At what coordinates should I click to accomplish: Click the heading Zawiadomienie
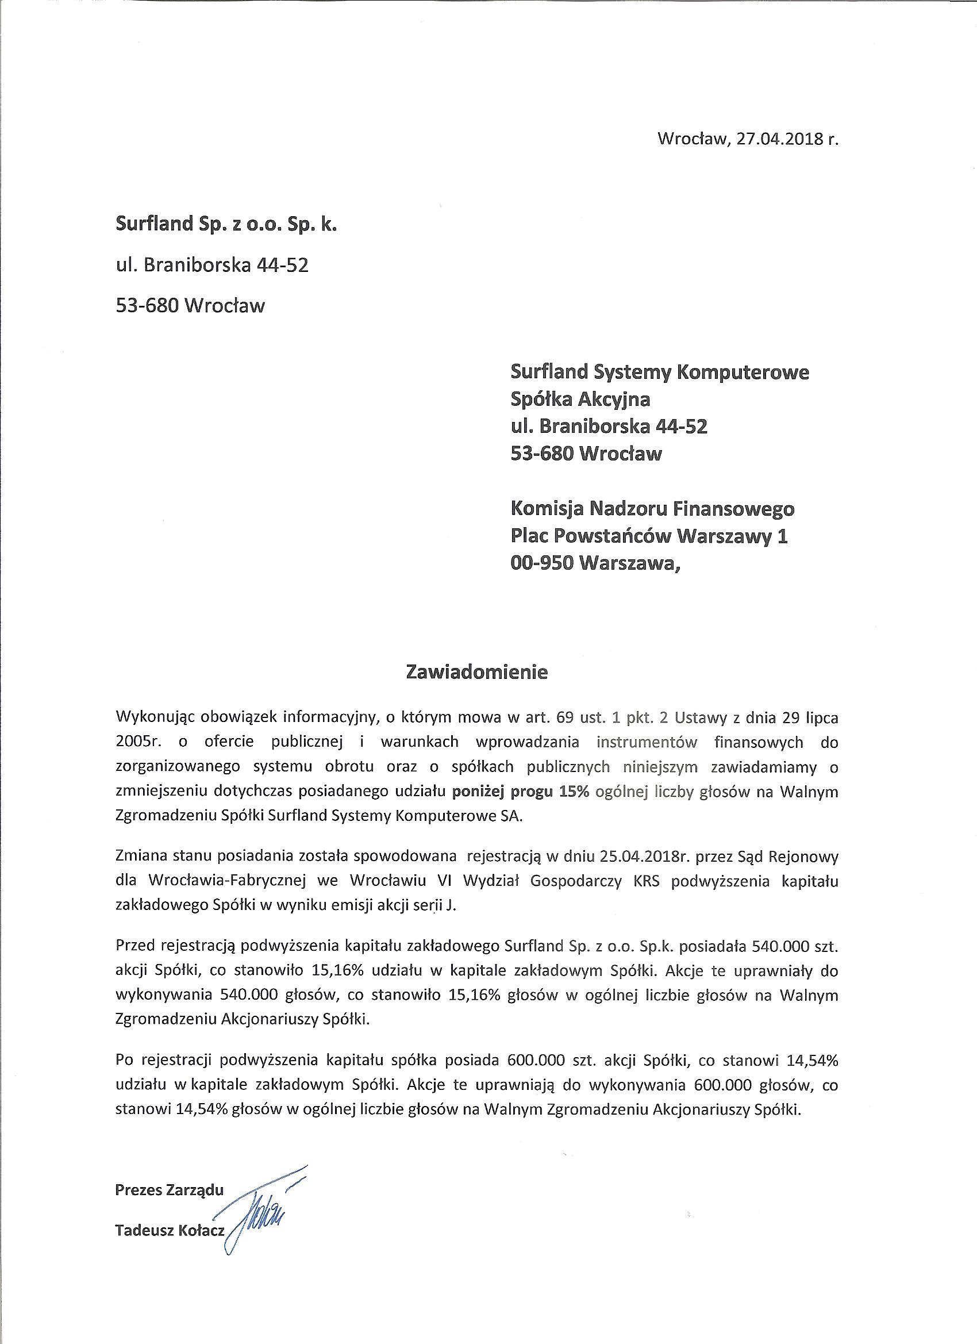click(476, 672)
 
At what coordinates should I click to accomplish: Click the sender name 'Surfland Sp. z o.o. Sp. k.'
click(226, 225)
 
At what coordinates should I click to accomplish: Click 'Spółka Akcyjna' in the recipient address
click(580, 400)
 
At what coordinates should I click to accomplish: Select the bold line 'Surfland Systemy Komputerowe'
click(659, 372)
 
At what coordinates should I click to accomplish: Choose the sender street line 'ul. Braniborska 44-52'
click(212, 265)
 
